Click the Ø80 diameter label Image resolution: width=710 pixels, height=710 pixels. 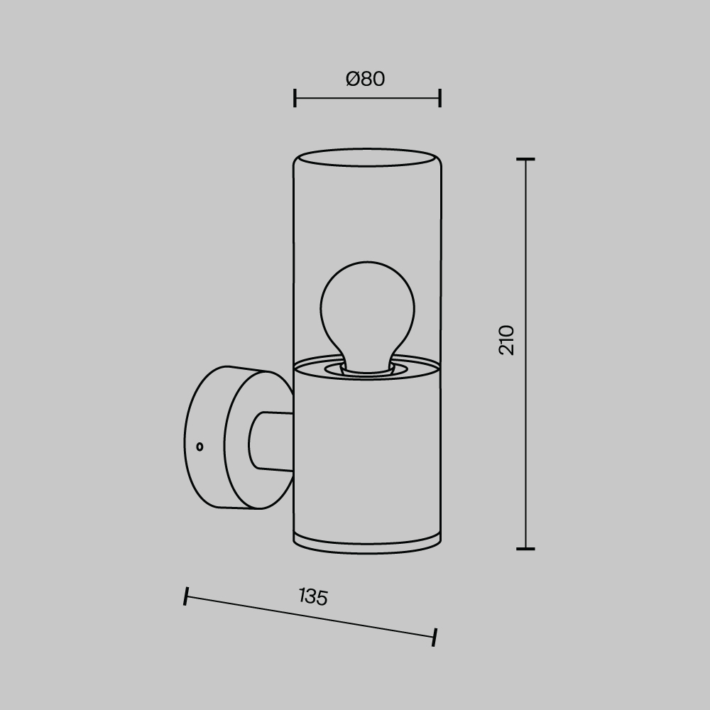pos(366,79)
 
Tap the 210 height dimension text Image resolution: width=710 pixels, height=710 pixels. pos(507,340)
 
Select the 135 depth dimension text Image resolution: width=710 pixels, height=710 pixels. pos(313,596)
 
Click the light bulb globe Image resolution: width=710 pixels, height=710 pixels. pos(367,305)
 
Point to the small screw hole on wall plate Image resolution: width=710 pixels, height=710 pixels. pos(200,447)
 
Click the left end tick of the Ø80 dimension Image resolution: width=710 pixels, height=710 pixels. pos(295,98)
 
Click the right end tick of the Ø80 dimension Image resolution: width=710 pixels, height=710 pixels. pos(440,98)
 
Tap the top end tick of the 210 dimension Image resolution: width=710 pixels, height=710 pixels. pos(525,160)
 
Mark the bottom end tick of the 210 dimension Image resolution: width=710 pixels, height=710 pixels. pos(525,548)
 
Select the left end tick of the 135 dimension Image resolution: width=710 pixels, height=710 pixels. pos(186,596)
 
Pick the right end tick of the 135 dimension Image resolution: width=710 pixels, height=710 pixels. pos(434,637)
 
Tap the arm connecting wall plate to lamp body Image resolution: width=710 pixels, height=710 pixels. pos(273,442)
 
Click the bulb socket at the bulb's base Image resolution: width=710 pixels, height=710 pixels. pos(367,368)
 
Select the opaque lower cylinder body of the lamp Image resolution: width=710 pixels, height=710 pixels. pos(367,454)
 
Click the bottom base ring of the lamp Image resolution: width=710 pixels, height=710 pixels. pos(367,545)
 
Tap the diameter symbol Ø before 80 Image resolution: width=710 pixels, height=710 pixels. pos(354,79)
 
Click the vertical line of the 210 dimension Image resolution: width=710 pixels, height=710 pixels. pos(525,426)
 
